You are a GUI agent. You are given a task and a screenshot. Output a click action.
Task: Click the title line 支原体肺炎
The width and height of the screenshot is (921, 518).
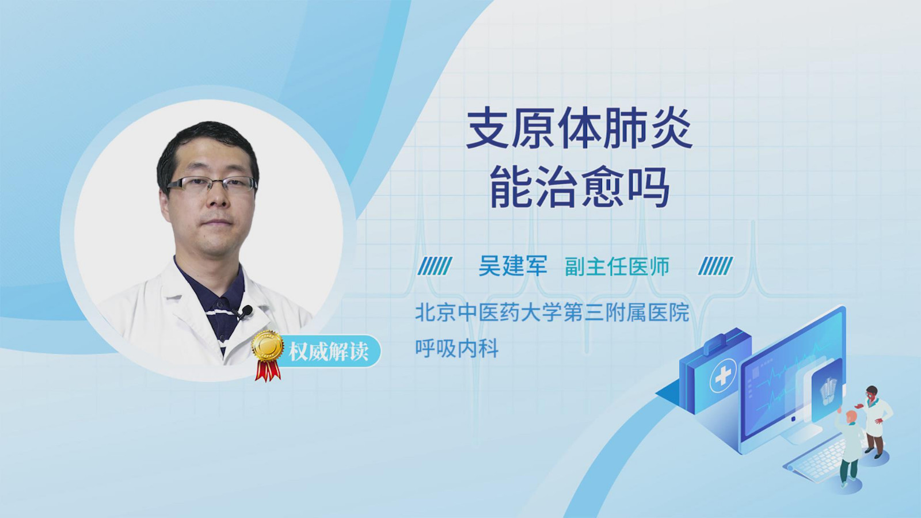coord(579,129)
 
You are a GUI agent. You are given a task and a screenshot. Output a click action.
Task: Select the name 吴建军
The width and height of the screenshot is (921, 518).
coord(513,266)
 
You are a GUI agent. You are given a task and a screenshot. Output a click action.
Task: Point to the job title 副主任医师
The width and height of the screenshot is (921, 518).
coord(616,266)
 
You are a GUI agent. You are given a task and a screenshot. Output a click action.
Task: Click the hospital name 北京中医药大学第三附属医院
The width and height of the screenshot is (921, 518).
coord(552,313)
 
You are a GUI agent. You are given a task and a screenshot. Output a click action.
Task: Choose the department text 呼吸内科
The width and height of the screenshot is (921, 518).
coord(457,349)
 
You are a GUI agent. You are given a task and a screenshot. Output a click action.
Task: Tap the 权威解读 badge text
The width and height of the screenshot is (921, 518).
coord(328,352)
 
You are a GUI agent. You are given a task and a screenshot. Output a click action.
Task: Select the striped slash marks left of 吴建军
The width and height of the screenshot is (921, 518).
coord(435,266)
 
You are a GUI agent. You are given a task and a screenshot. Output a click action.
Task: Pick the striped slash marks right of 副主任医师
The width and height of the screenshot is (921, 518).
coord(716,266)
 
